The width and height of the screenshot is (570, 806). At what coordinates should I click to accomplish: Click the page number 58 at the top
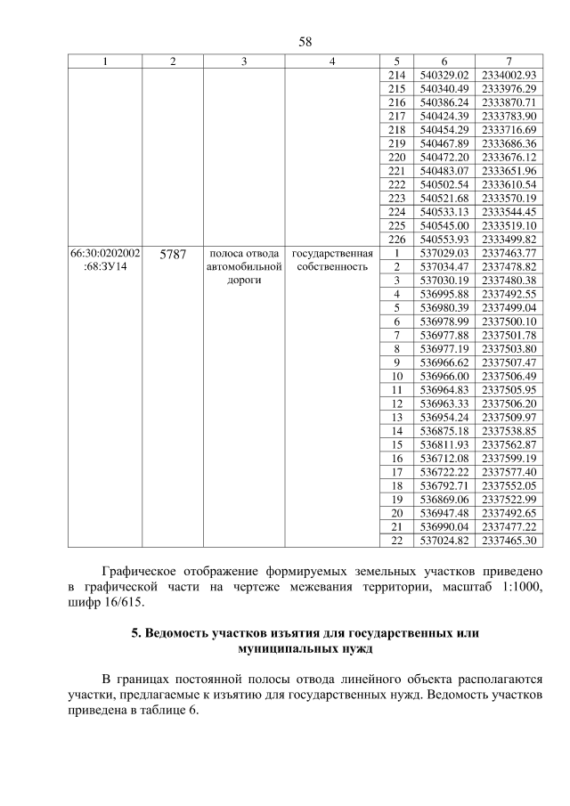285,42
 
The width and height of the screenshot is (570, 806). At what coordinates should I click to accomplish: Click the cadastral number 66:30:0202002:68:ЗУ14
105,260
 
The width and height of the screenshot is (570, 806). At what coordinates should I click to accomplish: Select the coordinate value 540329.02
444,76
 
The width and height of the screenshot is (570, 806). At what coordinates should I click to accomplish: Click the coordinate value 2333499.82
508,240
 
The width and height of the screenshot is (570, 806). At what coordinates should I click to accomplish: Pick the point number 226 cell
397,240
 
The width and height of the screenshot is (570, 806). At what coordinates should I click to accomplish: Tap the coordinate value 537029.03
444,253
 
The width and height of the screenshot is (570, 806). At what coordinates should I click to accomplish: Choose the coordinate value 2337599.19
508,458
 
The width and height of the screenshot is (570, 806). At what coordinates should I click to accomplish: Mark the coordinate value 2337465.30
508,540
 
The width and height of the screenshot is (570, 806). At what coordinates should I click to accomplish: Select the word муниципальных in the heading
284,649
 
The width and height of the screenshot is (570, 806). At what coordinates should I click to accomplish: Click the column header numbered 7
508,61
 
